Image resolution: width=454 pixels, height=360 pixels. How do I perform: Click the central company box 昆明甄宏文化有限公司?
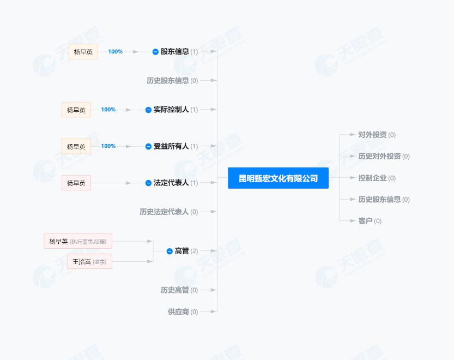coord(278,178)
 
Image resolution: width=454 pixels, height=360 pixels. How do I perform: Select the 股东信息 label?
coord(174,52)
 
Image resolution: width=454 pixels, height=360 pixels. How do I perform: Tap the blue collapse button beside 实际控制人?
coord(148,110)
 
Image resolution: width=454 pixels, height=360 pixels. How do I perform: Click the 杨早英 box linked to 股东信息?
coord(83,52)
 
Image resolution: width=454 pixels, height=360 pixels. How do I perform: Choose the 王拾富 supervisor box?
coord(89,262)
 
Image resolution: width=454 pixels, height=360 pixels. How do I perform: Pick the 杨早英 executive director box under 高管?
coord(78,241)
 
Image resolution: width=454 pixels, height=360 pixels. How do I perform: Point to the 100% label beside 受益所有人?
coord(108,146)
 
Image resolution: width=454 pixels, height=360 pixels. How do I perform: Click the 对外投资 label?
coord(372,135)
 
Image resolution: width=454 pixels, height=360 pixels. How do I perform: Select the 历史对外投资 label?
coord(379,156)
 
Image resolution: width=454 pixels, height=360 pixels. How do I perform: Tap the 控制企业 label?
coord(372,178)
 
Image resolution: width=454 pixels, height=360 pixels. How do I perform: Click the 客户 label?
coord(365,221)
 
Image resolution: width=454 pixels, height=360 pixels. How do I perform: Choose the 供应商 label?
coord(178,312)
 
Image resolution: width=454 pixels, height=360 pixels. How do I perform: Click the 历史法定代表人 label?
coord(164,212)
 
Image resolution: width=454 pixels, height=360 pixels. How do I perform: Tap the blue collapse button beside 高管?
coord(170,251)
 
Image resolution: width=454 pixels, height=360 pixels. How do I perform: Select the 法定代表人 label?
coord(171,183)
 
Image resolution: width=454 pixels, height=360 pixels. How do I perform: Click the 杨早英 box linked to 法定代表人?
coord(76,183)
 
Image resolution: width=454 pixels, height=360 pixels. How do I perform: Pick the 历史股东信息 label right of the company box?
coord(379,200)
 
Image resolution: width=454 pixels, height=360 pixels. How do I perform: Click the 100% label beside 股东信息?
coord(116,52)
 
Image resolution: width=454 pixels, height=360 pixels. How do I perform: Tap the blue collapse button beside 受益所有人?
coord(148,146)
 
